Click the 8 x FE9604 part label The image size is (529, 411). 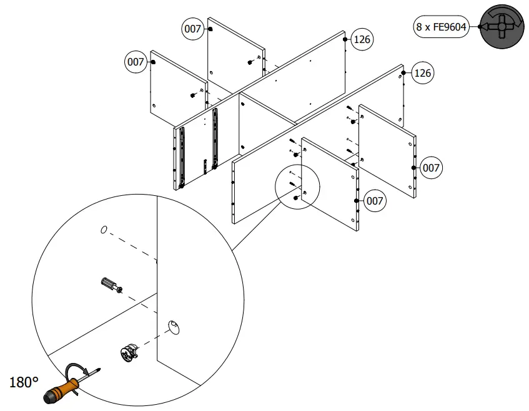click(x=442, y=27)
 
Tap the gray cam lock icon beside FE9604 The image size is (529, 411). click(x=503, y=27)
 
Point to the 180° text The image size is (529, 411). click(x=24, y=382)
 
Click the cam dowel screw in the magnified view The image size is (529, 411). click(x=109, y=286)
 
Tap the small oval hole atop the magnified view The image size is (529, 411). click(x=104, y=230)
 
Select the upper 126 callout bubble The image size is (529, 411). click(x=362, y=39)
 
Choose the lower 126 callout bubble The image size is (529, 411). click(x=422, y=73)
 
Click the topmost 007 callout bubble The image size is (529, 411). click(x=192, y=29)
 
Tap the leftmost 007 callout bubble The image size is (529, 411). click(x=136, y=62)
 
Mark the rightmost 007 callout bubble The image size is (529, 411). click(x=431, y=168)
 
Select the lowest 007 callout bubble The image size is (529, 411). click(x=374, y=201)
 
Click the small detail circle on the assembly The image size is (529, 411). click(x=297, y=188)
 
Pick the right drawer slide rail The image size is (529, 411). click(x=215, y=138)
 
